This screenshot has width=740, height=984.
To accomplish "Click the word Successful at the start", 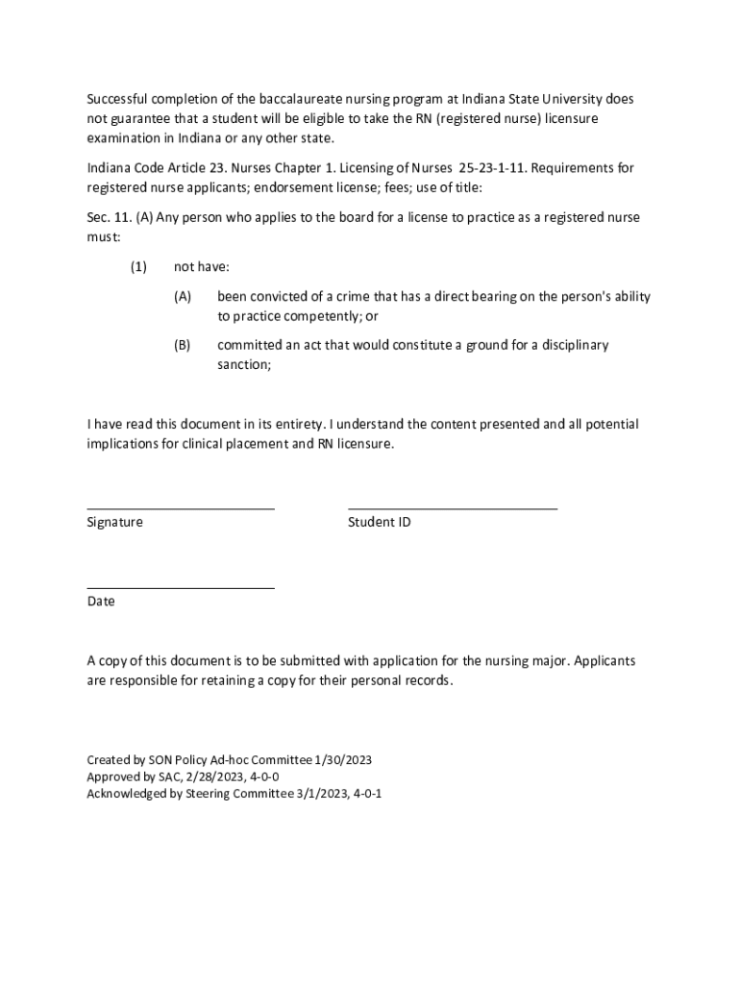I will tap(118, 100).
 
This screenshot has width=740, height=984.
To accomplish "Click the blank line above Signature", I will tap(181, 507).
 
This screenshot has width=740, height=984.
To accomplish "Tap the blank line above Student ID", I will tap(452, 507).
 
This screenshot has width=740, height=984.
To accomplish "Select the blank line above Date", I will tap(181, 586).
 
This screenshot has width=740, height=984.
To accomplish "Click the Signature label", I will tap(114, 523).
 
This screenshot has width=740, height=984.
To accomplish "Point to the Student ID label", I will tap(379, 523).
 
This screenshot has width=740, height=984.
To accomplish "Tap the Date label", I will tap(101, 602).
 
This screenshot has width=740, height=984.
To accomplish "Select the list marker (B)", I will tap(183, 345).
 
